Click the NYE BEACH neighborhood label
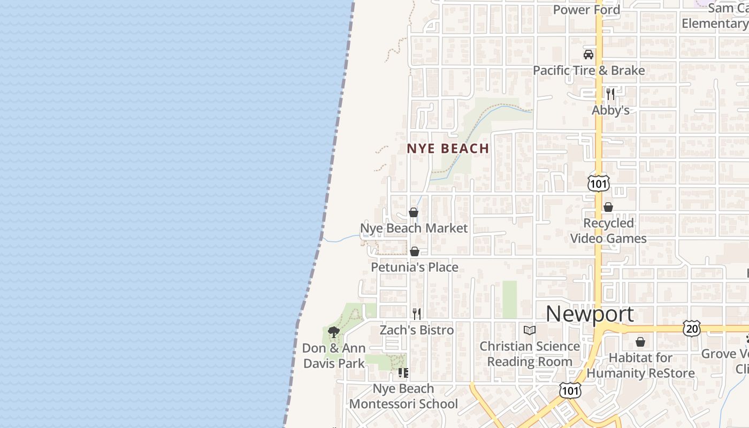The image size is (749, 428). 448,149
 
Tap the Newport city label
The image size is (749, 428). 590,314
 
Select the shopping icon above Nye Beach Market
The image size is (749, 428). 414,212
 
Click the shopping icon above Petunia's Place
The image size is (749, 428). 415,251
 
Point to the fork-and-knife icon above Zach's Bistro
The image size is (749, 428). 417,314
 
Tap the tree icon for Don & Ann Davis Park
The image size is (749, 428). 334,332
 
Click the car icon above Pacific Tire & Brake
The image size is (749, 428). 588,55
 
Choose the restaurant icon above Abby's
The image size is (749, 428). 610,94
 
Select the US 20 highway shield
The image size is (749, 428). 691,328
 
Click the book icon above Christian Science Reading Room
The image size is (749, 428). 530,330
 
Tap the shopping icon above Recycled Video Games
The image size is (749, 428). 608,207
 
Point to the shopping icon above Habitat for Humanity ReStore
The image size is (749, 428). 640,342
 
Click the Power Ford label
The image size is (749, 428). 586,10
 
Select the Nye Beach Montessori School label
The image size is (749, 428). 403,396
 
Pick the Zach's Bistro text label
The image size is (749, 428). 417,330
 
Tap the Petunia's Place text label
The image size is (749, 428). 415,267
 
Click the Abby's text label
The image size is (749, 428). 610,110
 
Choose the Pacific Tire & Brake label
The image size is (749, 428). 588,71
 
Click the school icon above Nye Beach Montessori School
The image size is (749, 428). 403,372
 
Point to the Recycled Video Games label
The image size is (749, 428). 608,231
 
